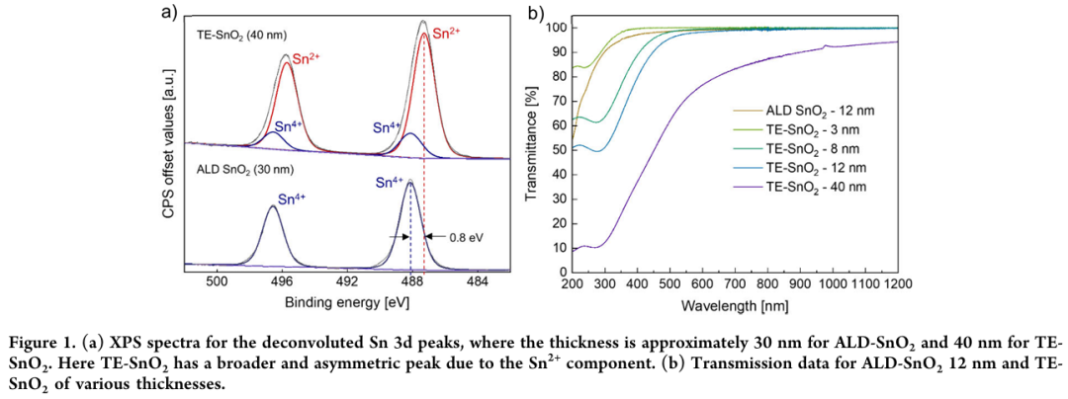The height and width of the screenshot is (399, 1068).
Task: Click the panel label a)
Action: click(169, 13)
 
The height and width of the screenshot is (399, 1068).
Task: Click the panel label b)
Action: click(535, 13)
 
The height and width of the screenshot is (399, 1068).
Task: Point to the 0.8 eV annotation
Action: click(458, 236)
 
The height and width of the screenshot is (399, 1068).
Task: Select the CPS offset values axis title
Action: click(168, 144)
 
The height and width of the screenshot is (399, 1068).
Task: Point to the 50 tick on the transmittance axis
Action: click(562, 149)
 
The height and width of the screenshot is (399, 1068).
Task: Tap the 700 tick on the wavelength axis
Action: click(734, 282)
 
